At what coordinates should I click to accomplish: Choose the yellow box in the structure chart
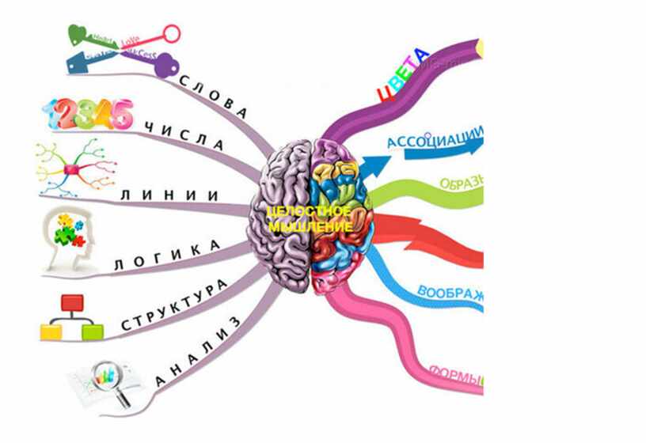pyautogui.click(x=51, y=331)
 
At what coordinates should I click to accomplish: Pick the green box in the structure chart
pyautogui.click(x=93, y=331)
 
